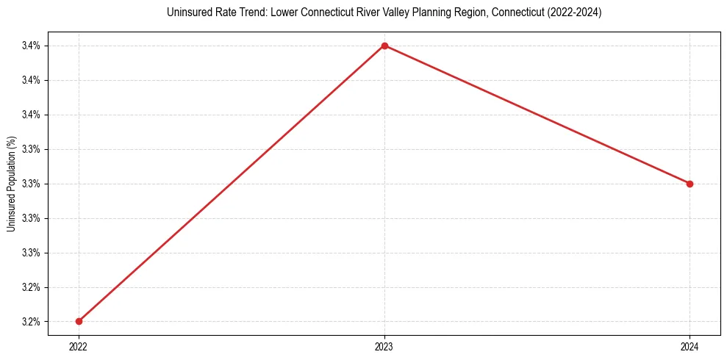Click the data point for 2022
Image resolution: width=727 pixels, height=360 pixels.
coord(79,321)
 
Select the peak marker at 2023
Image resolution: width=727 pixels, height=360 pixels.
coord(384,46)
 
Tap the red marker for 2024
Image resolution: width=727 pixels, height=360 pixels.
coord(690,184)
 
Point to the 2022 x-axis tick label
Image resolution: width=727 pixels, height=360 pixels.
coord(79,345)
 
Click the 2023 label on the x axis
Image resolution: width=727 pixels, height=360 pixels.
coord(384,345)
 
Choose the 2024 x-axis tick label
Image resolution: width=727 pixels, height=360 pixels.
coord(690,345)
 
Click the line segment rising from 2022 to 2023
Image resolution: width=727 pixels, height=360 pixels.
coord(232,184)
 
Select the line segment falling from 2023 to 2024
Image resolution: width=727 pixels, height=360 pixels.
coord(537,115)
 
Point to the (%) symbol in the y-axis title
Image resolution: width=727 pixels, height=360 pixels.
coord(11,142)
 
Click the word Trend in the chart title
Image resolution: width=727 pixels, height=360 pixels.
coord(253,12)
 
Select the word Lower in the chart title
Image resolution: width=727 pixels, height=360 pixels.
coord(283,12)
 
